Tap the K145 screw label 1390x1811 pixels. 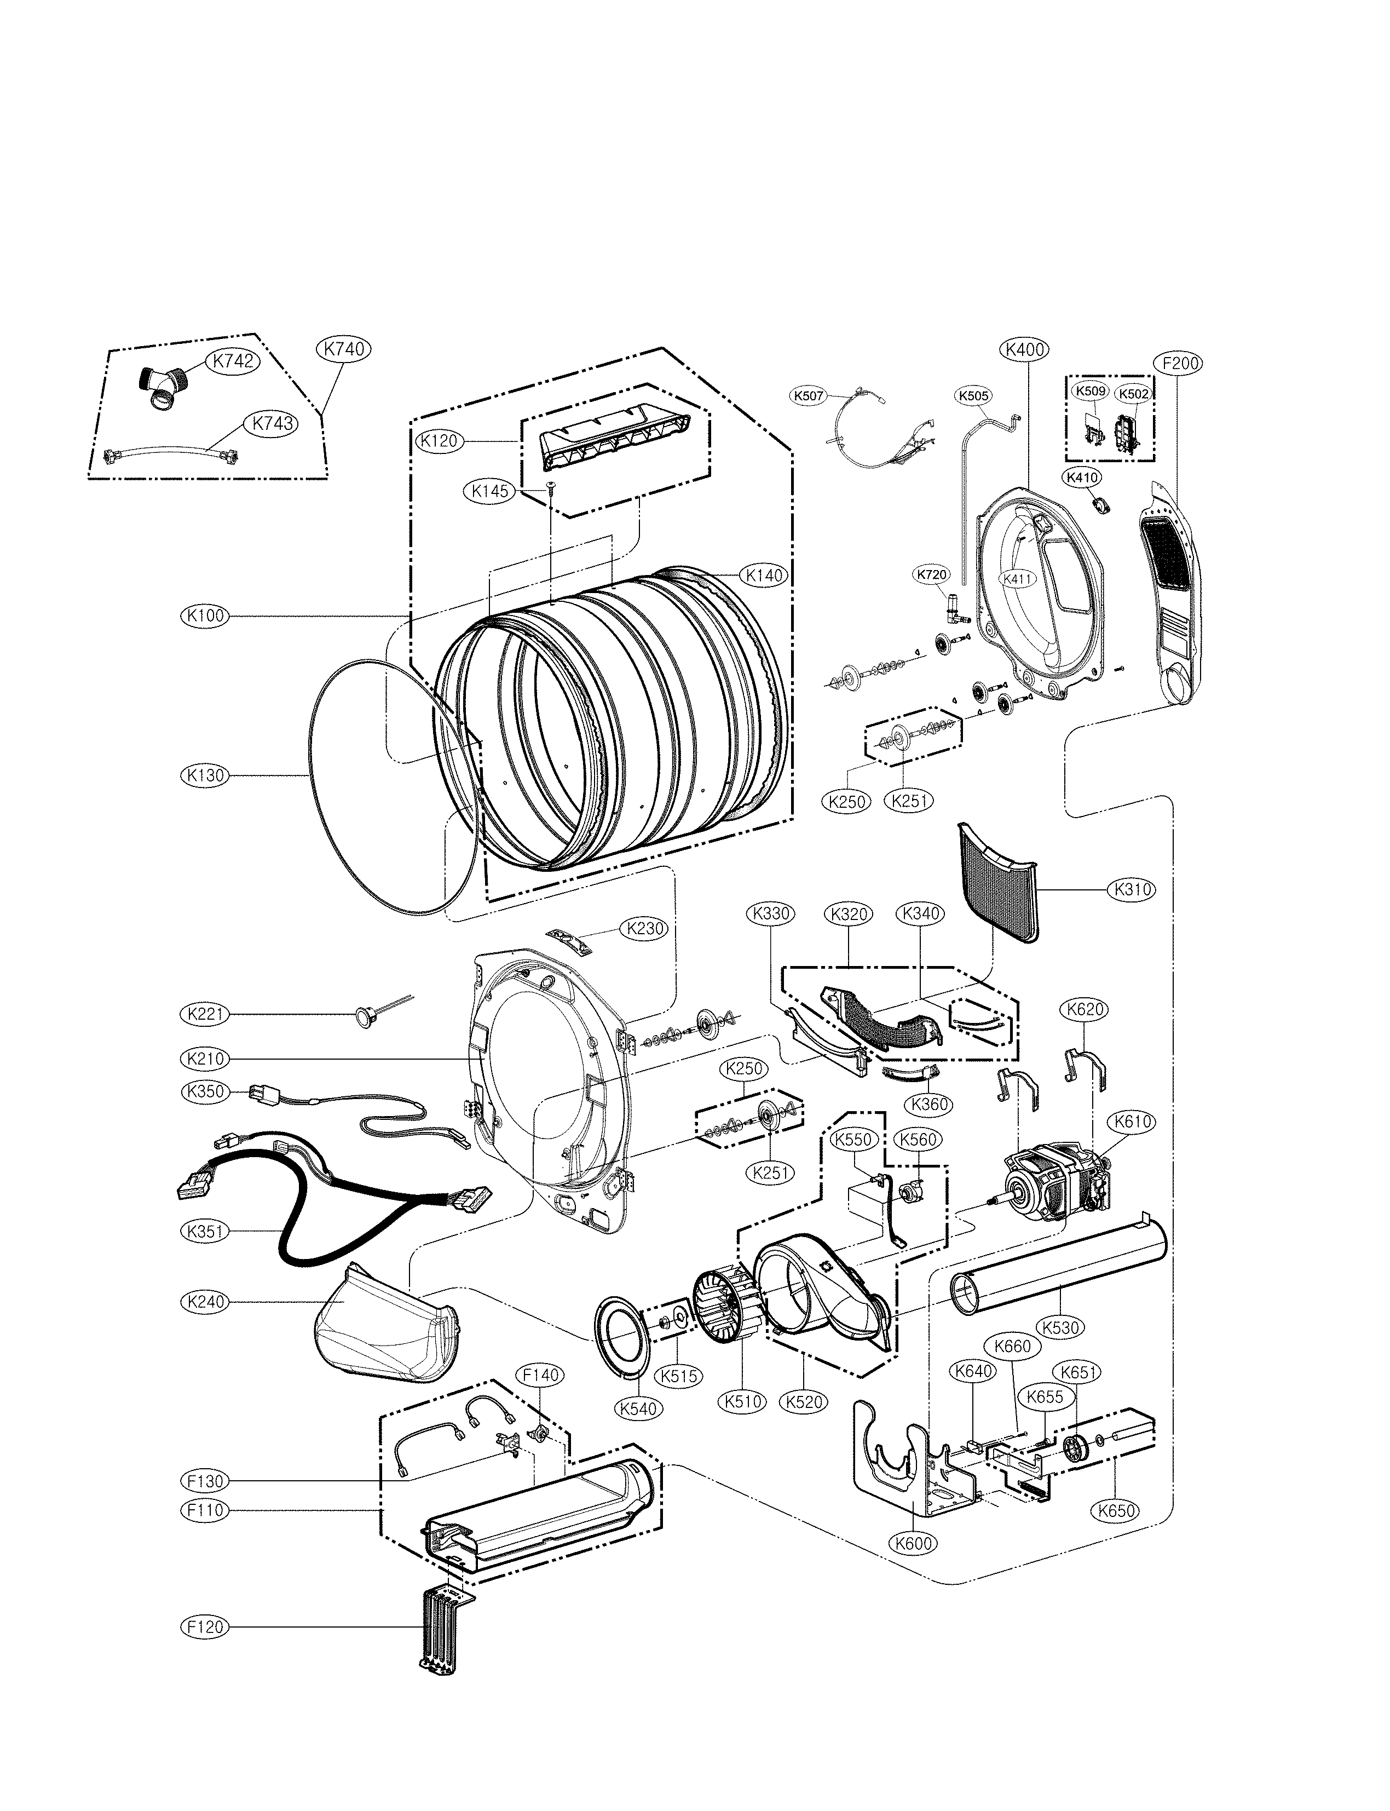pyautogui.click(x=490, y=491)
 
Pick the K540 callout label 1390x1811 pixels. pyautogui.click(x=638, y=1408)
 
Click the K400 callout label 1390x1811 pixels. pyautogui.click(x=1025, y=349)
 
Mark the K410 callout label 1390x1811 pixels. pyautogui.click(x=1082, y=477)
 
